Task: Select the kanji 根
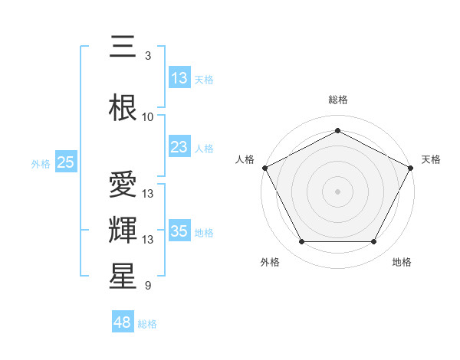pyautogui.click(x=123, y=108)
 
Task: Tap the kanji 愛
pyautogui.click(x=123, y=186)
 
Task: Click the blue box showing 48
pyautogui.click(x=123, y=322)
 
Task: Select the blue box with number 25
pyautogui.click(x=65, y=162)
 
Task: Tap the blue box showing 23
pyautogui.click(x=179, y=147)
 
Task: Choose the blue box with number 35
pyautogui.click(x=179, y=231)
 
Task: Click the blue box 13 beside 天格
pyautogui.click(x=179, y=78)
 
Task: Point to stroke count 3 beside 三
pyautogui.click(x=148, y=56)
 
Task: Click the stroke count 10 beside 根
pyautogui.click(x=148, y=117)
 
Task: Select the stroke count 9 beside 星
pyautogui.click(x=148, y=286)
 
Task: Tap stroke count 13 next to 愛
pyautogui.click(x=148, y=194)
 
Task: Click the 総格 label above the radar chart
pyautogui.click(x=337, y=100)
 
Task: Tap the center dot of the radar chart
pyautogui.click(x=337, y=191)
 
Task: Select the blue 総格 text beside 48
pyautogui.click(x=147, y=324)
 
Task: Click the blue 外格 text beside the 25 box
pyautogui.click(x=40, y=163)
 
